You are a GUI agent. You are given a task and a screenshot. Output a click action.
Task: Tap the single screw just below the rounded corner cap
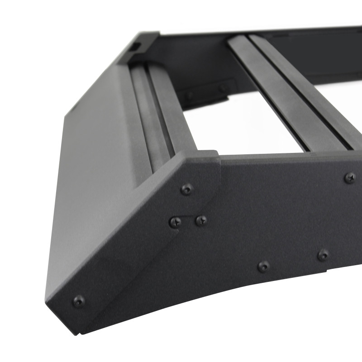(187, 189)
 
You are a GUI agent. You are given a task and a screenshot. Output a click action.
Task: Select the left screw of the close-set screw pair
(176, 222)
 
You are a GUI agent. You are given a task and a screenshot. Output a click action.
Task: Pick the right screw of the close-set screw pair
(201, 220)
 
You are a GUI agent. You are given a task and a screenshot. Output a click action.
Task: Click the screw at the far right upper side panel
(350, 177)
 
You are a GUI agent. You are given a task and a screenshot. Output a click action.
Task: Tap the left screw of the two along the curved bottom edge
(263, 266)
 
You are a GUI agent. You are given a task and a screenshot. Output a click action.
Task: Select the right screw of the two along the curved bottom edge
(323, 255)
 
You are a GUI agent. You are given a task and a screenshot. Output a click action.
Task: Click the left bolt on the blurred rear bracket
(190, 95)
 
